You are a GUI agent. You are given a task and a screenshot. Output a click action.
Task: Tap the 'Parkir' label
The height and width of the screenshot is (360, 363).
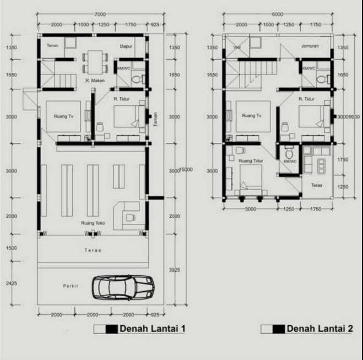(71, 286)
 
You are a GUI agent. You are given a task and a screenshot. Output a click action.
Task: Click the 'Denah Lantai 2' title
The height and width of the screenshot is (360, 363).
(319, 329)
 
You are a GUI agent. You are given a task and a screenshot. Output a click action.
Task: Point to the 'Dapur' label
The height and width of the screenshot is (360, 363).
(127, 46)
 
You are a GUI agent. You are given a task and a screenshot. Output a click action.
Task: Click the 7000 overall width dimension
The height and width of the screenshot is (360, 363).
(100, 13)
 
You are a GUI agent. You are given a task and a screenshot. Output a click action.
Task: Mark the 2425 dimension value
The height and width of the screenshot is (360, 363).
(12, 283)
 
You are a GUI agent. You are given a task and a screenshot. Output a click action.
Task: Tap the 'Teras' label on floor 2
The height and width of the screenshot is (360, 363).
(316, 185)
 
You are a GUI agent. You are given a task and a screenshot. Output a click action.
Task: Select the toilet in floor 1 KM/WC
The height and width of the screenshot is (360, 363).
(136, 80)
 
